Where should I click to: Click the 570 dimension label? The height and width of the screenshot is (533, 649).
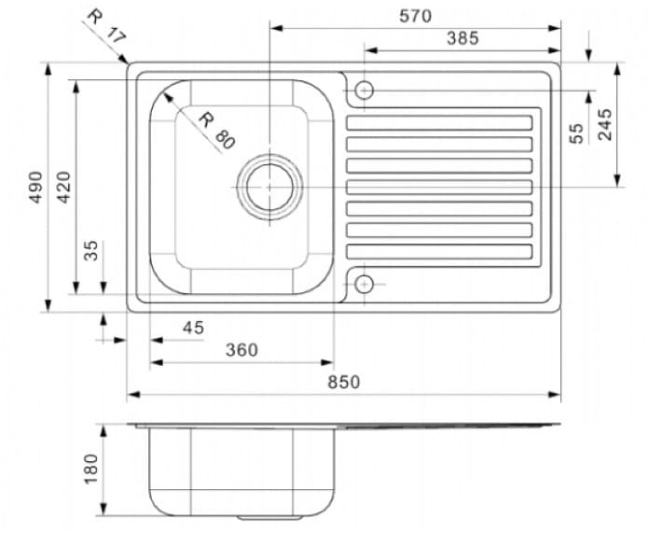415,16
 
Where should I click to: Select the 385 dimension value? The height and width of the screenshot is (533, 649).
462,38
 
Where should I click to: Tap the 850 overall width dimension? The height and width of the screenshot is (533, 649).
342,382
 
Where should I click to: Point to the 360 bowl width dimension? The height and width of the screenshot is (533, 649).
241,350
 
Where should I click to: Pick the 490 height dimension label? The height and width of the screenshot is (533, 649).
35,187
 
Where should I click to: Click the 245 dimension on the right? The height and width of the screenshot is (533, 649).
605,124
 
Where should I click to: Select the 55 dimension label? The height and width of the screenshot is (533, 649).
576,132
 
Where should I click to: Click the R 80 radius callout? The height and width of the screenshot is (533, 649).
217,131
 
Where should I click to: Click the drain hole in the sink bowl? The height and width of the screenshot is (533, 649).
269,186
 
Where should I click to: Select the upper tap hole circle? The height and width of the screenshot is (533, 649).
364,90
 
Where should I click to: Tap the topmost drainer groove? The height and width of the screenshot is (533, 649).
439,122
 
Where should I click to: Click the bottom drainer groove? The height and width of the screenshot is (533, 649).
439,252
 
